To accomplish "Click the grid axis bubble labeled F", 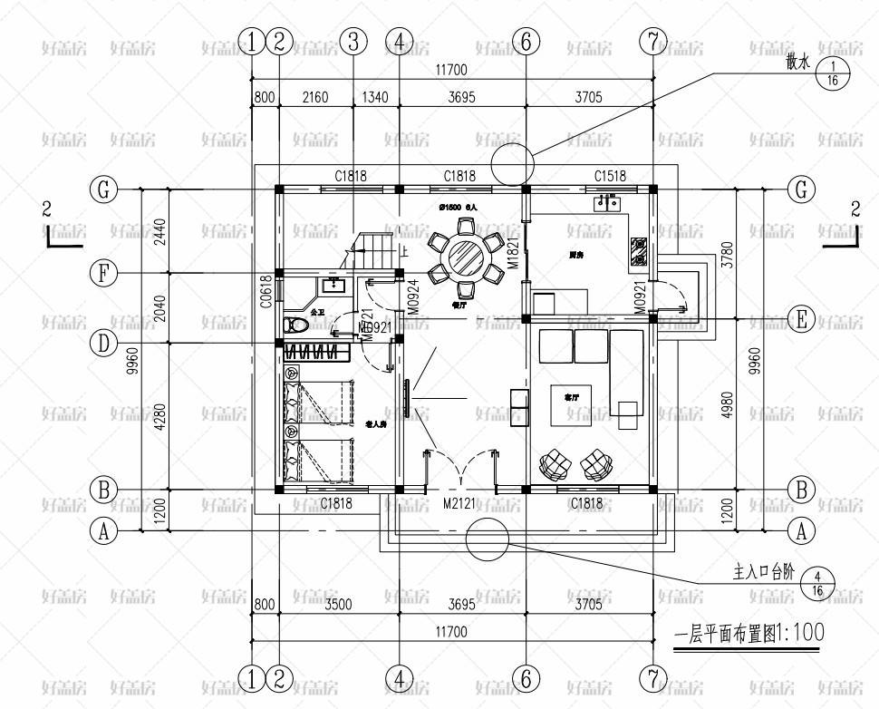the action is pos(105,273).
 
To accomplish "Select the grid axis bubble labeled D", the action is pos(105,343).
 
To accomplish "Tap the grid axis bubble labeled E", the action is pos(800,319).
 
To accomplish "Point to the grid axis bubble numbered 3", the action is pos(353,41).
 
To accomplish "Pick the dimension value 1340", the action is pos(375,98).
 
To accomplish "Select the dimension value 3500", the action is pos(336,604).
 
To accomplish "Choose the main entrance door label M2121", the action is pos(459,502).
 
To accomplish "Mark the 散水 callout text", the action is pos(797,63).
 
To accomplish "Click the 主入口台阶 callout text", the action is pos(762,573).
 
